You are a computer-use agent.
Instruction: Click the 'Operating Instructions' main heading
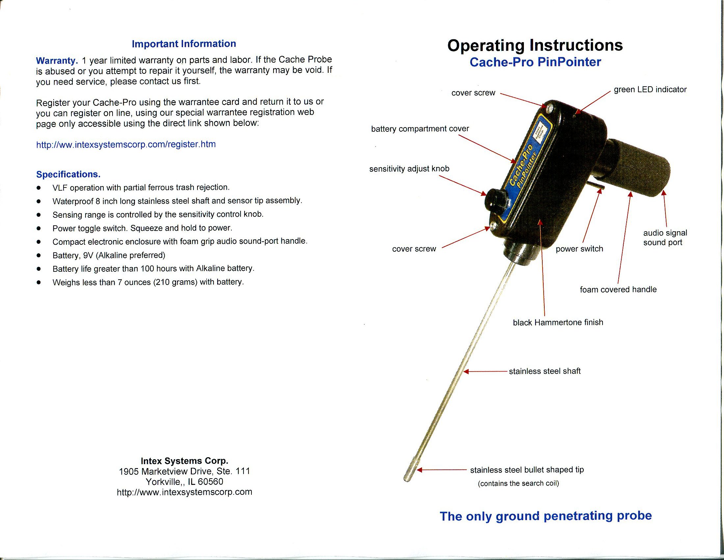tap(535, 45)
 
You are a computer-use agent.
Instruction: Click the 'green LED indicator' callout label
tap(650, 90)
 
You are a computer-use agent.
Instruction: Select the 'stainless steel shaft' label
tap(544, 371)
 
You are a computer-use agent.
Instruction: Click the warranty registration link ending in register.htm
tap(126, 145)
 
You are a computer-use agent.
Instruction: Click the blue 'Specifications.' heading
tap(68, 175)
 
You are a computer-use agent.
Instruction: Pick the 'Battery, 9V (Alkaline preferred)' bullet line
tap(109, 255)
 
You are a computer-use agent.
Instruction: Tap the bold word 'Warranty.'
tap(57, 61)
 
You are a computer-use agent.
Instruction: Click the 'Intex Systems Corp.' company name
tap(184, 461)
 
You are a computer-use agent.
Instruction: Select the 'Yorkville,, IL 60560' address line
tap(184, 481)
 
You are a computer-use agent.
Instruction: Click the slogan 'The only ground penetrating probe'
tap(545, 516)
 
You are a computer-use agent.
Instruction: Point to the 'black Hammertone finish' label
tap(557, 322)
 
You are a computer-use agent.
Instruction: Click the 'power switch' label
tap(579, 249)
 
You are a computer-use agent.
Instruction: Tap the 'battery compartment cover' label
tap(420, 129)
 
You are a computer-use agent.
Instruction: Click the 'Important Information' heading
tap(184, 44)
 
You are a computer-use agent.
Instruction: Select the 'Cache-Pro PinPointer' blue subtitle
tap(535, 62)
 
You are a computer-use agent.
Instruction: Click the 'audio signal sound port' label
tap(664, 238)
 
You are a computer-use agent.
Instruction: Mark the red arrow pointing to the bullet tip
tap(441, 470)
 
